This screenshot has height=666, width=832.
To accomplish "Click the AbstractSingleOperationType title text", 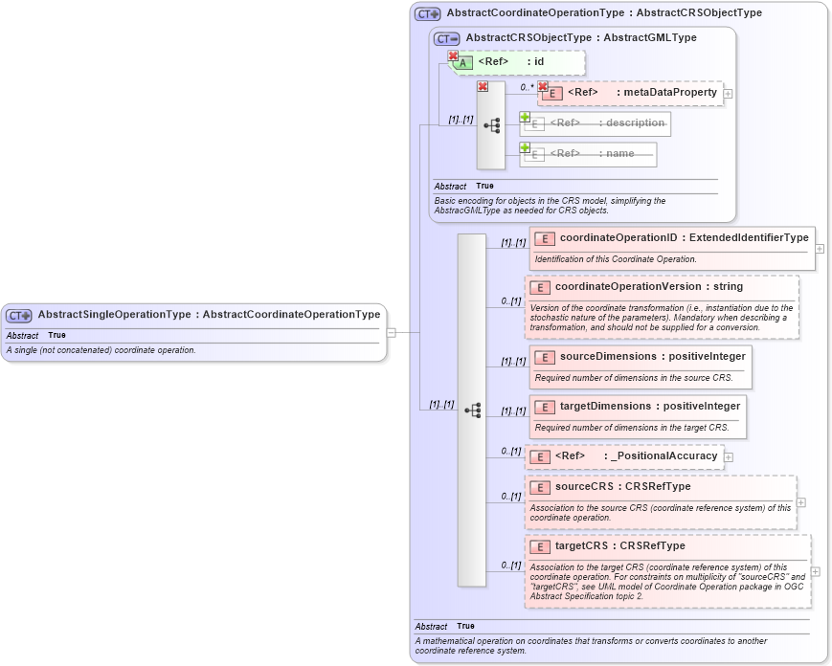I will pyautogui.click(x=209, y=314).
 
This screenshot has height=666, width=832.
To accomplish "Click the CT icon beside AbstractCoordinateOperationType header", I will pyautogui.click(x=427, y=14).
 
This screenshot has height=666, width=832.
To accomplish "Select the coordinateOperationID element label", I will pyautogui.click(x=684, y=237).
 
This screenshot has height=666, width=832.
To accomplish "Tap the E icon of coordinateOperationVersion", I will pyautogui.click(x=539, y=287).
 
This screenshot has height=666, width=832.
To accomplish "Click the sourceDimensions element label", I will pyautogui.click(x=652, y=356).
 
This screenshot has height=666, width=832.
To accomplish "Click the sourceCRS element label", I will pyautogui.click(x=622, y=486).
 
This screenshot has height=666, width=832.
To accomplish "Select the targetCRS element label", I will pyautogui.click(x=619, y=545).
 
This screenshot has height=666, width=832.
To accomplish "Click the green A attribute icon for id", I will pyautogui.click(x=462, y=62).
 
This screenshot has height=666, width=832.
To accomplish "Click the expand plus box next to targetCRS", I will pyautogui.click(x=815, y=572).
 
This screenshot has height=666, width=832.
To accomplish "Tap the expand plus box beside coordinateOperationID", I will pyautogui.click(x=820, y=248).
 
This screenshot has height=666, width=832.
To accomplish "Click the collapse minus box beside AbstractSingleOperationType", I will pyautogui.click(x=391, y=333).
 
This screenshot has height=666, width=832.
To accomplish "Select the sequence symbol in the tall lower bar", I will pyautogui.click(x=472, y=410).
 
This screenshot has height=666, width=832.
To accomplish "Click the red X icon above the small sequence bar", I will pyautogui.click(x=483, y=87).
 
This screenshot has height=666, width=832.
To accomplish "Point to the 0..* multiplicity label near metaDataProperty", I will pyautogui.click(x=527, y=87).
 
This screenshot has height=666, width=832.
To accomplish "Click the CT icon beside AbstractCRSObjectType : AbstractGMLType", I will pyautogui.click(x=447, y=38).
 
